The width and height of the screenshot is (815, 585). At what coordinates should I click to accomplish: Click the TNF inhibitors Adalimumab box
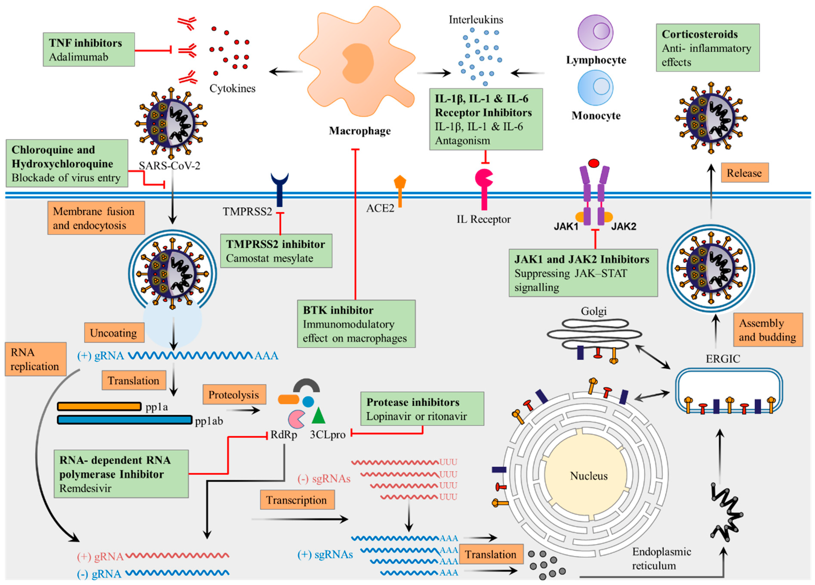[89, 50]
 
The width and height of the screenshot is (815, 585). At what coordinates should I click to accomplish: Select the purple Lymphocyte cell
[595, 32]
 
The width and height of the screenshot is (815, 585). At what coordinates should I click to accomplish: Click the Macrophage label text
[360, 131]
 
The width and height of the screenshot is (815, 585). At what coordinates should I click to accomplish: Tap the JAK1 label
[566, 226]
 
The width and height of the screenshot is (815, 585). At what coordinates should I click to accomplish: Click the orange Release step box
[744, 173]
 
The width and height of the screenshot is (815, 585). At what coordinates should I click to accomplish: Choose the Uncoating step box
[114, 333]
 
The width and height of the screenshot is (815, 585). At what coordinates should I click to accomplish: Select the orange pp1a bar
[99, 406]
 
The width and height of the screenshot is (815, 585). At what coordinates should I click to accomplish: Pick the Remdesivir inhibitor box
[121, 474]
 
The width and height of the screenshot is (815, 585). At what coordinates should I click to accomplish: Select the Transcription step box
[297, 500]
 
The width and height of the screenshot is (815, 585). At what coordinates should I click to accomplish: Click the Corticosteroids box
[707, 48]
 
